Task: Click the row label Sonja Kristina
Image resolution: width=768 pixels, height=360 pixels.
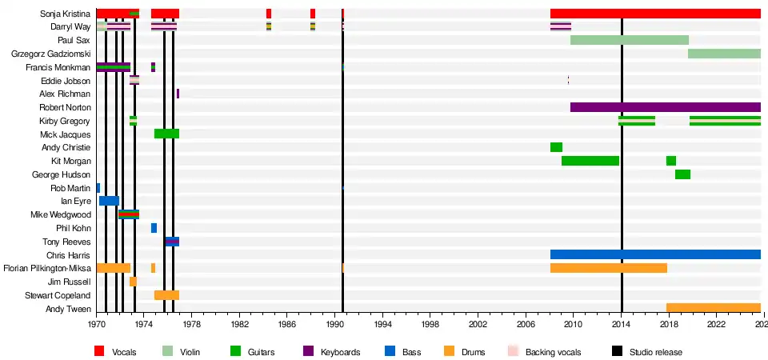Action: pyautogui.click(x=67, y=14)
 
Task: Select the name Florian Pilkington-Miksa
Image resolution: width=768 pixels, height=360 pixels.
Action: pyautogui.click(x=47, y=268)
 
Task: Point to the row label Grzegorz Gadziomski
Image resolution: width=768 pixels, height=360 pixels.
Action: pyautogui.click(x=51, y=54)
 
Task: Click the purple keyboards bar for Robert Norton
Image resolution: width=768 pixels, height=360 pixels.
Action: pyautogui.click(x=665, y=107)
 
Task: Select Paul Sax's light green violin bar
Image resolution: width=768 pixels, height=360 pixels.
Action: pyautogui.click(x=629, y=40)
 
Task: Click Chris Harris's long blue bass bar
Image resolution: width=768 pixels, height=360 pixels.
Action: pyautogui.click(x=655, y=254)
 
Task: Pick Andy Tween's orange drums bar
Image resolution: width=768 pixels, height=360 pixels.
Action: pyautogui.click(x=713, y=308)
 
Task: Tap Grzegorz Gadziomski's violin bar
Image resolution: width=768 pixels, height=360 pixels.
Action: pyautogui.click(x=724, y=54)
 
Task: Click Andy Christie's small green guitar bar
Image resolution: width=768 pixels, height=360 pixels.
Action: pyautogui.click(x=556, y=147)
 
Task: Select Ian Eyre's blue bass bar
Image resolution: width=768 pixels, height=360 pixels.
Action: pyautogui.click(x=109, y=201)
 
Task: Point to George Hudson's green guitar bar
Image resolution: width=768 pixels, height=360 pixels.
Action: pyautogui.click(x=682, y=174)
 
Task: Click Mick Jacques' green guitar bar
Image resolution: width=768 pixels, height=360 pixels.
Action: pyautogui.click(x=166, y=134)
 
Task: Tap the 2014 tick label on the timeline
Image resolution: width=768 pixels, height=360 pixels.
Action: pyautogui.click(x=622, y=326)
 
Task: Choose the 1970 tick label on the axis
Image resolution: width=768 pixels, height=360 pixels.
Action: pyautogui.click(x=97, y=326)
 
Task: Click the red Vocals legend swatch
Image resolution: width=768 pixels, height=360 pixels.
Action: pyautogui.click(x=100, y=351)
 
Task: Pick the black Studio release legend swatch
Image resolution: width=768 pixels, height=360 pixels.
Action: pyautogui.click(x=617, y=351)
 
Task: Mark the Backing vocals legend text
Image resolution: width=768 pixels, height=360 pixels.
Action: pyautogui.click(x=554, y=352)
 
